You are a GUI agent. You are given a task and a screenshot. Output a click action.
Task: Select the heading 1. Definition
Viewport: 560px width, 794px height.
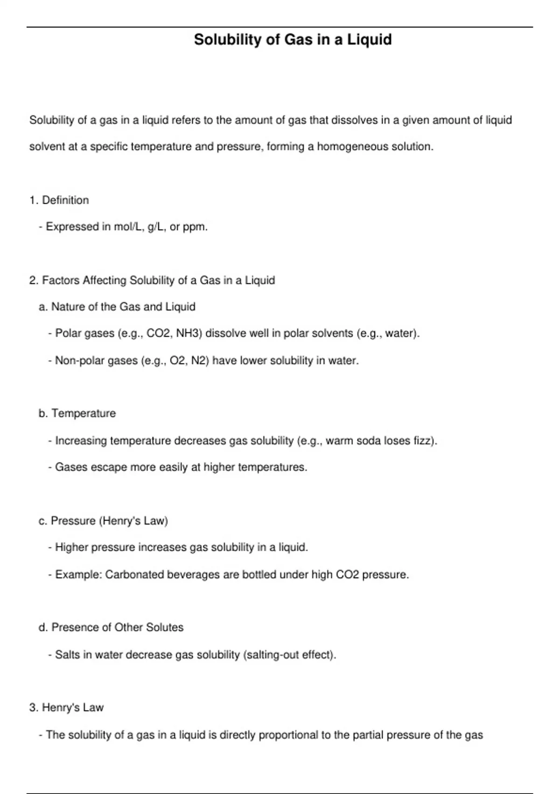[x=59, y=200]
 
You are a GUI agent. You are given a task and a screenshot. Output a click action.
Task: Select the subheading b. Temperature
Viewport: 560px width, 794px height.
[x=77, y=413]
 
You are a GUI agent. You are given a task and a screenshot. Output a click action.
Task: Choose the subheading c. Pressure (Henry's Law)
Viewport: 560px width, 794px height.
[x=103, y=521]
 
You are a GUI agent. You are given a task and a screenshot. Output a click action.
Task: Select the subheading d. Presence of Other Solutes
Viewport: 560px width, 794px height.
[x=111, y=627]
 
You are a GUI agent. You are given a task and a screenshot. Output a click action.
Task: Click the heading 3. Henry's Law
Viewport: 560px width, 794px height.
[x=66, y=708]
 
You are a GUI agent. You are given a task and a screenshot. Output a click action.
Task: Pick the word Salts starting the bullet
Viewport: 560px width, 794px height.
[x=68, y=655]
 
